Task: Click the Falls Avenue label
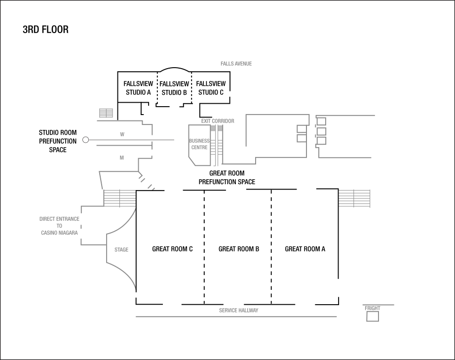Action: click(236, 64)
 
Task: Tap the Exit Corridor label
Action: click(218, 121)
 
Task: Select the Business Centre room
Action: click(199, 145)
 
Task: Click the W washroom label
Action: click(122, 134)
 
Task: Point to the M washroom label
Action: click(122, 158)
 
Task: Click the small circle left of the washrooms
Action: click(86, 140)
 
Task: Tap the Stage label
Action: click(121, 250)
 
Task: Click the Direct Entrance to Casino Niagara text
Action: click(59, 226)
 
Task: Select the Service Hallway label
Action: click(238, 311)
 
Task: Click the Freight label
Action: click(373, 308)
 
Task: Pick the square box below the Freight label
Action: click(373, 317)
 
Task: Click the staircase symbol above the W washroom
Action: click(106, 113)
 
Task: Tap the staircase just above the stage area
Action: click(119, 198)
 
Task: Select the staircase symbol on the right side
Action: click(354, 198)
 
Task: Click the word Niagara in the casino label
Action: click(68, 233)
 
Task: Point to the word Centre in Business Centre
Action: click(199, 148)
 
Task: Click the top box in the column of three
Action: click(321, 121)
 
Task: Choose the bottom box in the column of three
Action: click(321, 141)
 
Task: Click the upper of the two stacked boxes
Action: click(302, 129)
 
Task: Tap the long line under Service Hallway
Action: click(236, 317)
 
